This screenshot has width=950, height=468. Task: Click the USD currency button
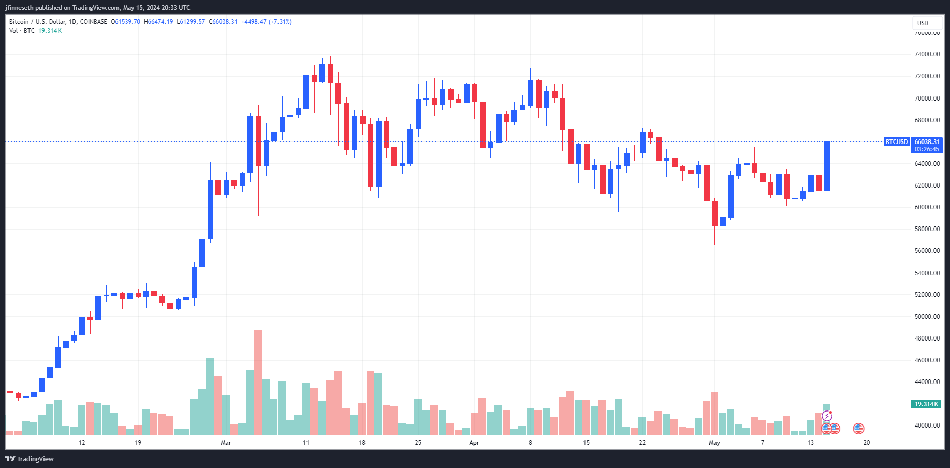tap(923, 23)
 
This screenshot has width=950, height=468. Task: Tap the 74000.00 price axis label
tap(927, 54)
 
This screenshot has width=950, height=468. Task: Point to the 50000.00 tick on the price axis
tap(927, 317)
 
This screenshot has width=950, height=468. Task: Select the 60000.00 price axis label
tap(927, 207)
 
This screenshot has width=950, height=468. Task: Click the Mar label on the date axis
tap(226, 443)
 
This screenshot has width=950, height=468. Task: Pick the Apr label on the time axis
tap(474, 443)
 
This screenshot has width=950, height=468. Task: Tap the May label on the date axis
tap(714, 443)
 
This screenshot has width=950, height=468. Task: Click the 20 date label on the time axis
tap(866, 443)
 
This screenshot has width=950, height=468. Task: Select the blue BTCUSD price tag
tap(896, 142)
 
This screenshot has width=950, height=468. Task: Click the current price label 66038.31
tap(927, 142)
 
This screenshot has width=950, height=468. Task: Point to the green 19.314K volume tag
tap(926, 404)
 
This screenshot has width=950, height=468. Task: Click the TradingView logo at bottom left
tap(30, 459)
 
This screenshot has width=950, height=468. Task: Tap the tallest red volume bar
tap(258, 382)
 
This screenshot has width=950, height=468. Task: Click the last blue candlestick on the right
tap(827, 166)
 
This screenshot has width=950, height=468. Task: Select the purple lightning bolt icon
tap(827, 416)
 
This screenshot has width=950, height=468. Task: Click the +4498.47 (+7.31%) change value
tap(267, 22)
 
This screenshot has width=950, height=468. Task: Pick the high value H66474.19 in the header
tap(158, 22)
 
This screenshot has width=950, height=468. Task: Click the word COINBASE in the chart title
tap(94, 22)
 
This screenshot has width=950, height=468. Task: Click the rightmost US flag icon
tap(858, 429)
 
